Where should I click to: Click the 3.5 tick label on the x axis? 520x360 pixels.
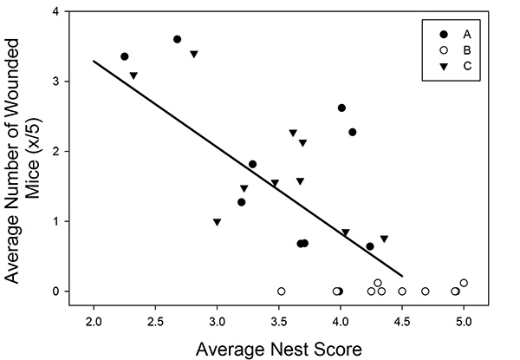[278, 323]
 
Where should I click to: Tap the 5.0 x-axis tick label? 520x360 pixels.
[463, 323]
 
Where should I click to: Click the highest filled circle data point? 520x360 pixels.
[177, 39]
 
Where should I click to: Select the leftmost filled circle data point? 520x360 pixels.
[124, 56]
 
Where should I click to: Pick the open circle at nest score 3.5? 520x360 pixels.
[281, 291]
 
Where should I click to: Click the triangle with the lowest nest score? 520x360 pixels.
[133, 75]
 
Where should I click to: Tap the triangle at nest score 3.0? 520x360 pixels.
[217, 222]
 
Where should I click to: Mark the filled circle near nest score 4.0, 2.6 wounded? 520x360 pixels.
[341, 108]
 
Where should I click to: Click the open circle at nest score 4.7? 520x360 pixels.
[425, 291]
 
